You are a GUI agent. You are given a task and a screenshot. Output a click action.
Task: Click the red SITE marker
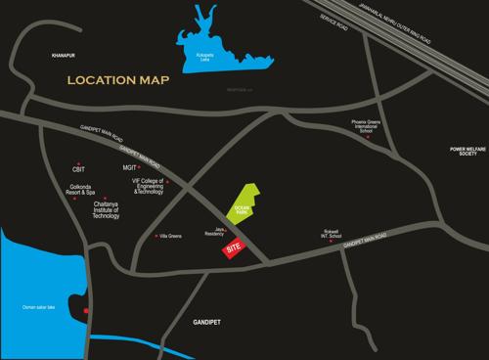click(x=232, y=250)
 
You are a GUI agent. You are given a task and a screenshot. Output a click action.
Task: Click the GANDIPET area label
click(x=217, y=321)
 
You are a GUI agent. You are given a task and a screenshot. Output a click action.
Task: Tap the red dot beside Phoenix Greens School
click(x=369, y=137)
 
